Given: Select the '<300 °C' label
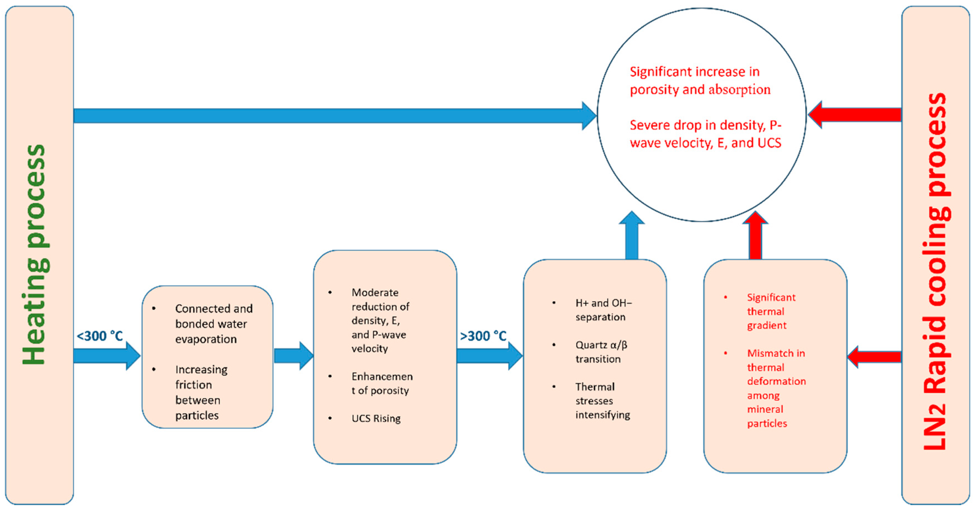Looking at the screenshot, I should coord(100,336).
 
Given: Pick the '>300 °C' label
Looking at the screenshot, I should coord(483,336).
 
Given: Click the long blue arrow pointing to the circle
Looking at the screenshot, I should coord(330,116).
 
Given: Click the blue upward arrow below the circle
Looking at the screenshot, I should coord(632,237).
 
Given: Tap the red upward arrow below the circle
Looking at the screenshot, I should coord(755,237).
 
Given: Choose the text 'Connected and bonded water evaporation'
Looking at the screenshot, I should coord(213,324).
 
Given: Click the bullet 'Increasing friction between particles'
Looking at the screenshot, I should coord(201,392).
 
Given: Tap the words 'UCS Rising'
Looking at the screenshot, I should coord(376,418).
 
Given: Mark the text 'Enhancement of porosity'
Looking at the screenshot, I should coord(381,383).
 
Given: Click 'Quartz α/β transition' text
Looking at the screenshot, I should coord(601,352).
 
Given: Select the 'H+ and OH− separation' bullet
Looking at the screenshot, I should coord(603,310).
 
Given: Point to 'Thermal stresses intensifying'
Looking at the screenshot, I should coord(603,401).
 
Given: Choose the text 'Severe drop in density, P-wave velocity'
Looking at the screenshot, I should coord(705,134).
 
